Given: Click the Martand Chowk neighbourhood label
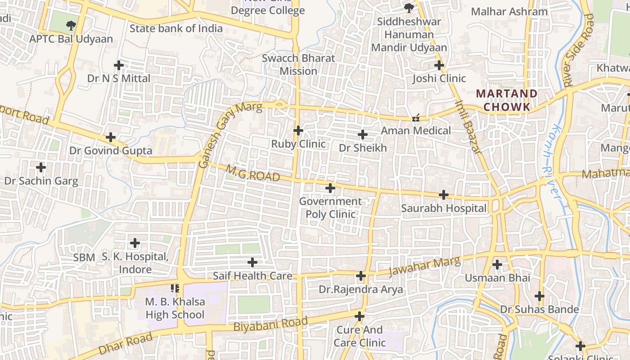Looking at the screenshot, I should pos(506,100).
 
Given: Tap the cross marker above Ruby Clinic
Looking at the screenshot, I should pos(298,130).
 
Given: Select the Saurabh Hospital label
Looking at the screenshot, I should pos(444,208).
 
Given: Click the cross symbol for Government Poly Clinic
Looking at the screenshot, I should pos(330,188).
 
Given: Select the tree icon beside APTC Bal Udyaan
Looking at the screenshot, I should pos(71,25).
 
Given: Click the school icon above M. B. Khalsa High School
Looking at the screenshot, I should pos(175,288).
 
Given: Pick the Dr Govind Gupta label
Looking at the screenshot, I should pos(111,150).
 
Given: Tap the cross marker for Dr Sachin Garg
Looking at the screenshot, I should pos(41,168).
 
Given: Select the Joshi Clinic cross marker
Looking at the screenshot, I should pos(439,65).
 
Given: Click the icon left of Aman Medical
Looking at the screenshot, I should pos(416,118).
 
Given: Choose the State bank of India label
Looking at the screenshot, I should pos(176,28).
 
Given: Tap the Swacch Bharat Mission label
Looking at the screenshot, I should pos(298,65).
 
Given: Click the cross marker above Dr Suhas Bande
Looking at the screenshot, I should pos(540,296).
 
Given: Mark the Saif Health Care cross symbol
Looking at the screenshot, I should pos(252,262).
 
